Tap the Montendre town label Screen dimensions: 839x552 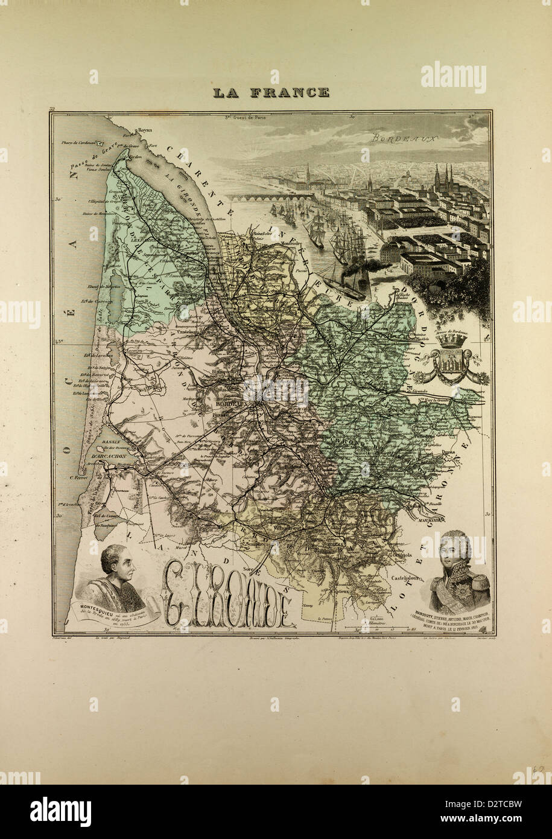292,243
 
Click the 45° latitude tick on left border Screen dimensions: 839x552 59,342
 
